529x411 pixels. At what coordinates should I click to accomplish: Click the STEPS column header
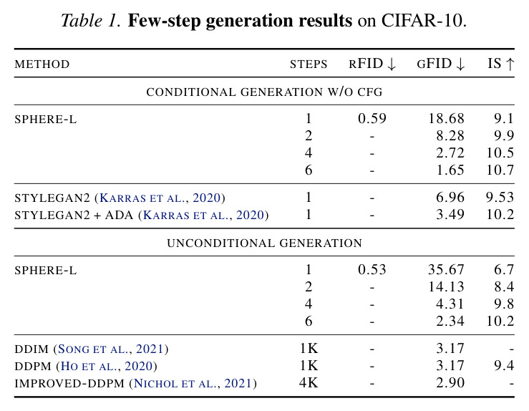[309, 64]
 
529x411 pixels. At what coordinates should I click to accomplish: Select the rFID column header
[372, 64]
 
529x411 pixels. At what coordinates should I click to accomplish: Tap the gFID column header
[441, 64]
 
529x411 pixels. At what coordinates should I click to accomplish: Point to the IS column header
[500, 64]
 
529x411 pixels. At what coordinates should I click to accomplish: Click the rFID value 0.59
[372, 118]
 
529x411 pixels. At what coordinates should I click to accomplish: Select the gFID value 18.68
[447, 118]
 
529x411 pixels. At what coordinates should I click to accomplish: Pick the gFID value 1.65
[450, 170]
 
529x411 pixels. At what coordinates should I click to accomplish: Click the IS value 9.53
[500, 197]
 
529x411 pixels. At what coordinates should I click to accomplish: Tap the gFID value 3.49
[450, 214]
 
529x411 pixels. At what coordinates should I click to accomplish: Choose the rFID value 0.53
[372, 270]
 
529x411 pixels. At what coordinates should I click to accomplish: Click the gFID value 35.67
[447, 270]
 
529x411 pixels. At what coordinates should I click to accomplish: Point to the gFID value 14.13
[447, 287]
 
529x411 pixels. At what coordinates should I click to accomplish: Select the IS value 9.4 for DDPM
[504, 365]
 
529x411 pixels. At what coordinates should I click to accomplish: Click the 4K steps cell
[309, 382]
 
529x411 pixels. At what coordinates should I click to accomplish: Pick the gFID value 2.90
[450, 382]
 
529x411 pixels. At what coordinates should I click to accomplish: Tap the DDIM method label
[31, 349]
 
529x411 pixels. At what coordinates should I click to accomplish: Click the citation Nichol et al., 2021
[193, 383]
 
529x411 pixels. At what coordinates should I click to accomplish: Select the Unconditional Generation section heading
[265, 243]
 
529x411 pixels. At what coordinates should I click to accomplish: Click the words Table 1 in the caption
[90, 21]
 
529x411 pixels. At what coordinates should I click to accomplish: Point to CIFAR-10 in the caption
[424, 21]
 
